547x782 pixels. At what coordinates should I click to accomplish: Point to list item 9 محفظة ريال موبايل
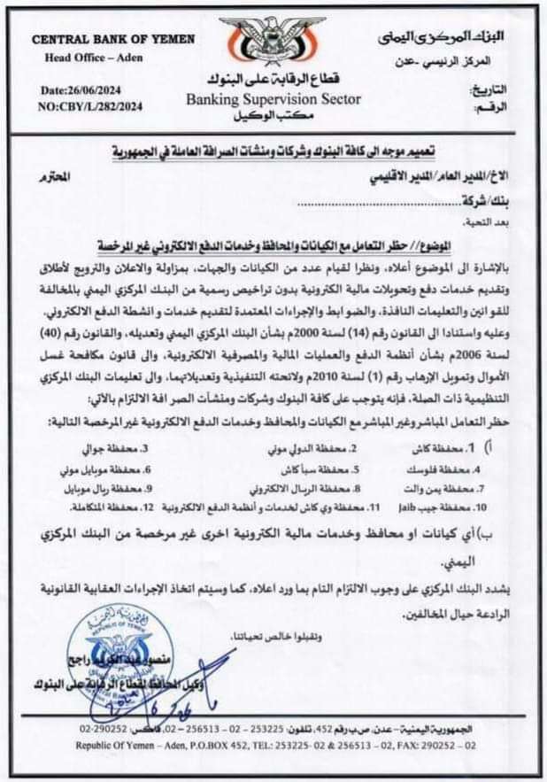coord(104,488)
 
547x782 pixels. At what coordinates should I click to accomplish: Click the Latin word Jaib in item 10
coord(416,507)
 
